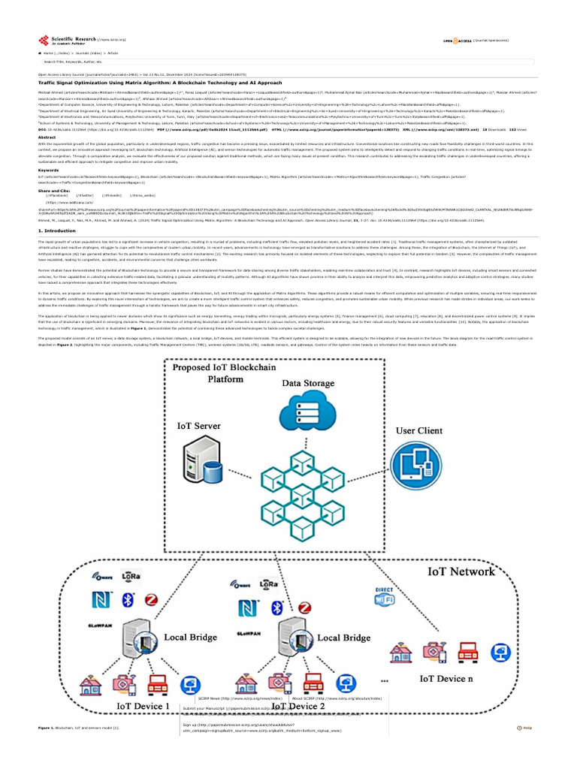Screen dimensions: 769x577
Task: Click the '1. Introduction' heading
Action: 56,231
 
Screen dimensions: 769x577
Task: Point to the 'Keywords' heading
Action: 49,170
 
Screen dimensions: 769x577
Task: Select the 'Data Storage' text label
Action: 309,383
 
